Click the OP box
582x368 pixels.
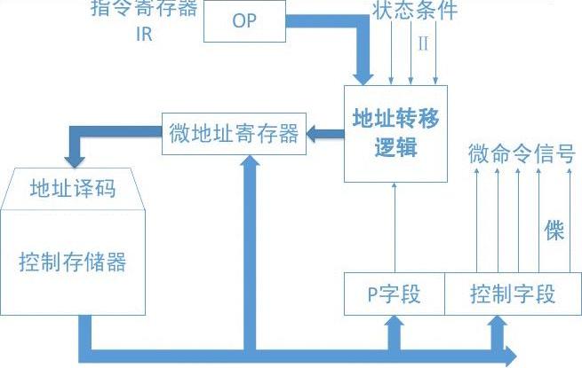[x=244, y=20]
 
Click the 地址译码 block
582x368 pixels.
[x=73, y=187]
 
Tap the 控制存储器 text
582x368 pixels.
[x=73, y=262]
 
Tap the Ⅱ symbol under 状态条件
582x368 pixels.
[x=423, y=44]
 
